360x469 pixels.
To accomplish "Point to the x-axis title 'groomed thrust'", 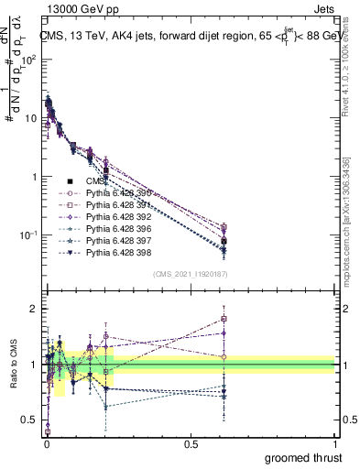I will pos(305,457).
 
